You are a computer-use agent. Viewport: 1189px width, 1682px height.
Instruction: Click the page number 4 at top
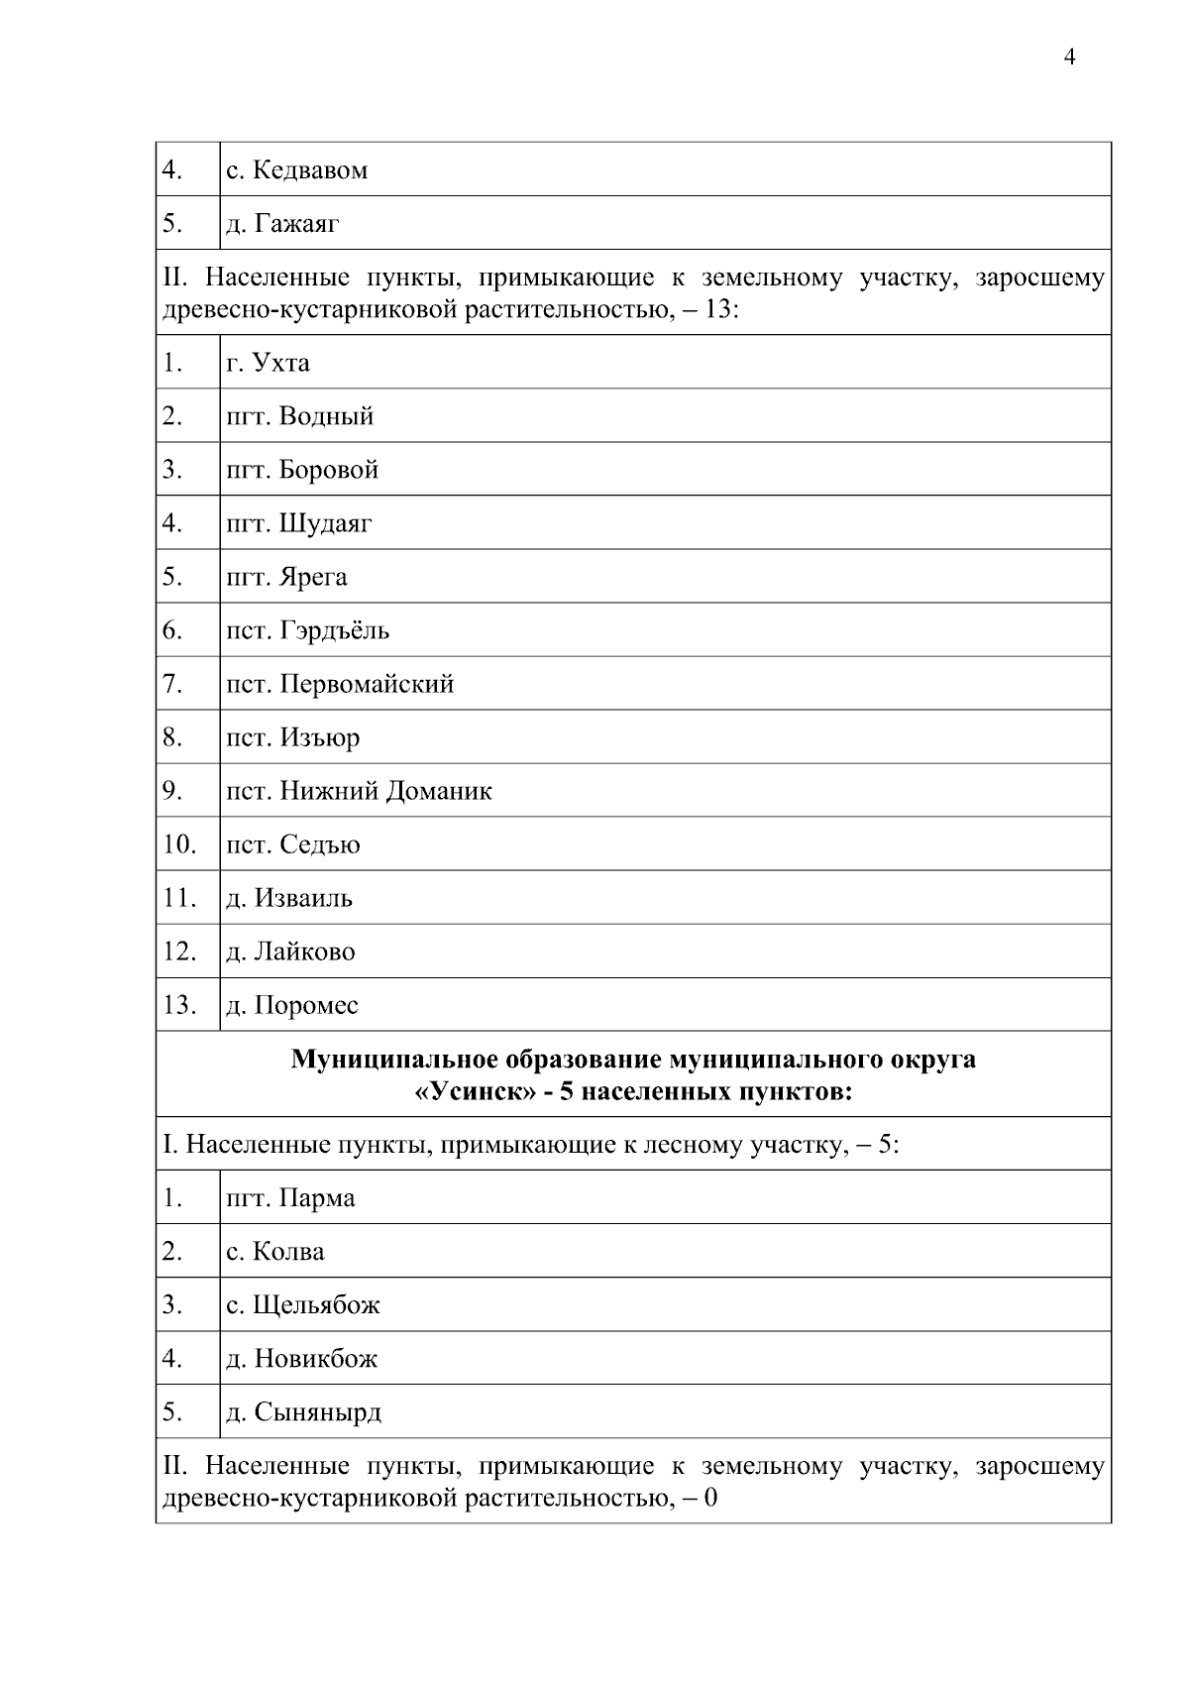(1069, 57)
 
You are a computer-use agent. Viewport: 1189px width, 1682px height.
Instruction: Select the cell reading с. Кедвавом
(296, 170)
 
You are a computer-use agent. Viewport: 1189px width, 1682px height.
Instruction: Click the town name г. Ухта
(268, 363)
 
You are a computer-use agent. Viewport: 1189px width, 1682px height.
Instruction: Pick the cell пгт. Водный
(299, 416)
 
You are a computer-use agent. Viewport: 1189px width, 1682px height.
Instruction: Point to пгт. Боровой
(302, 470)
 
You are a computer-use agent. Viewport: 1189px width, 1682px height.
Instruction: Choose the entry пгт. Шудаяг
(298, 523)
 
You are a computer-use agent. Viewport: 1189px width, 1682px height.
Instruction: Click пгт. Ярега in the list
(286, 577)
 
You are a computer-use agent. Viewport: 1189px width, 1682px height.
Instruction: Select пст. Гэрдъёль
(307, 630)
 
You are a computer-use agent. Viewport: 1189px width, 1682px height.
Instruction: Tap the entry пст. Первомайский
(340, 684)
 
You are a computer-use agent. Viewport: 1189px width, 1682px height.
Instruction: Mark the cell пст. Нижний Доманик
(359, 791)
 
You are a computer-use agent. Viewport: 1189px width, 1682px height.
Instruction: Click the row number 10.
(179, 844)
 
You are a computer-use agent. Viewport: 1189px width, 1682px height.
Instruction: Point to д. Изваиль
(288, 898)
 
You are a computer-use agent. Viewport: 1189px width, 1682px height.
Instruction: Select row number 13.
(179, 1005)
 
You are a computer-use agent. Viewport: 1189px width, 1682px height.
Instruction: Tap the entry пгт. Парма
(289, 1198)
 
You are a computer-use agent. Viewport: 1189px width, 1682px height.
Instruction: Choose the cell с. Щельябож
(302, 1305)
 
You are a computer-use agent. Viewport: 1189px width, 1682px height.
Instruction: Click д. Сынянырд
(303, 1412)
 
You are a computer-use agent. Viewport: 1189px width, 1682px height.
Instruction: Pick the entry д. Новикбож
(301, 1359)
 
